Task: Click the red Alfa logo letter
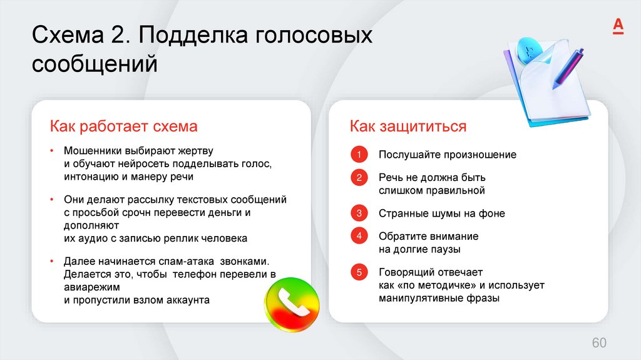point(617,25)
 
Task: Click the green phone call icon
point(291,305)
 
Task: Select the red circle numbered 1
point(359,155)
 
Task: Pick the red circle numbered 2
point(359,178)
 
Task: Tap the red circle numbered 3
point(359,213)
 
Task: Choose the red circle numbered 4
point(359,236)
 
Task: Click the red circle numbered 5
point(359,272)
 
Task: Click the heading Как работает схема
point(124,126)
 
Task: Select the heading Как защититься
point(408,126)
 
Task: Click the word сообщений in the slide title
point(95,64)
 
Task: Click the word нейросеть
point(149,164)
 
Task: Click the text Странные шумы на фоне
point(441,213)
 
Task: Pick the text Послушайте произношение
point(447,155)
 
